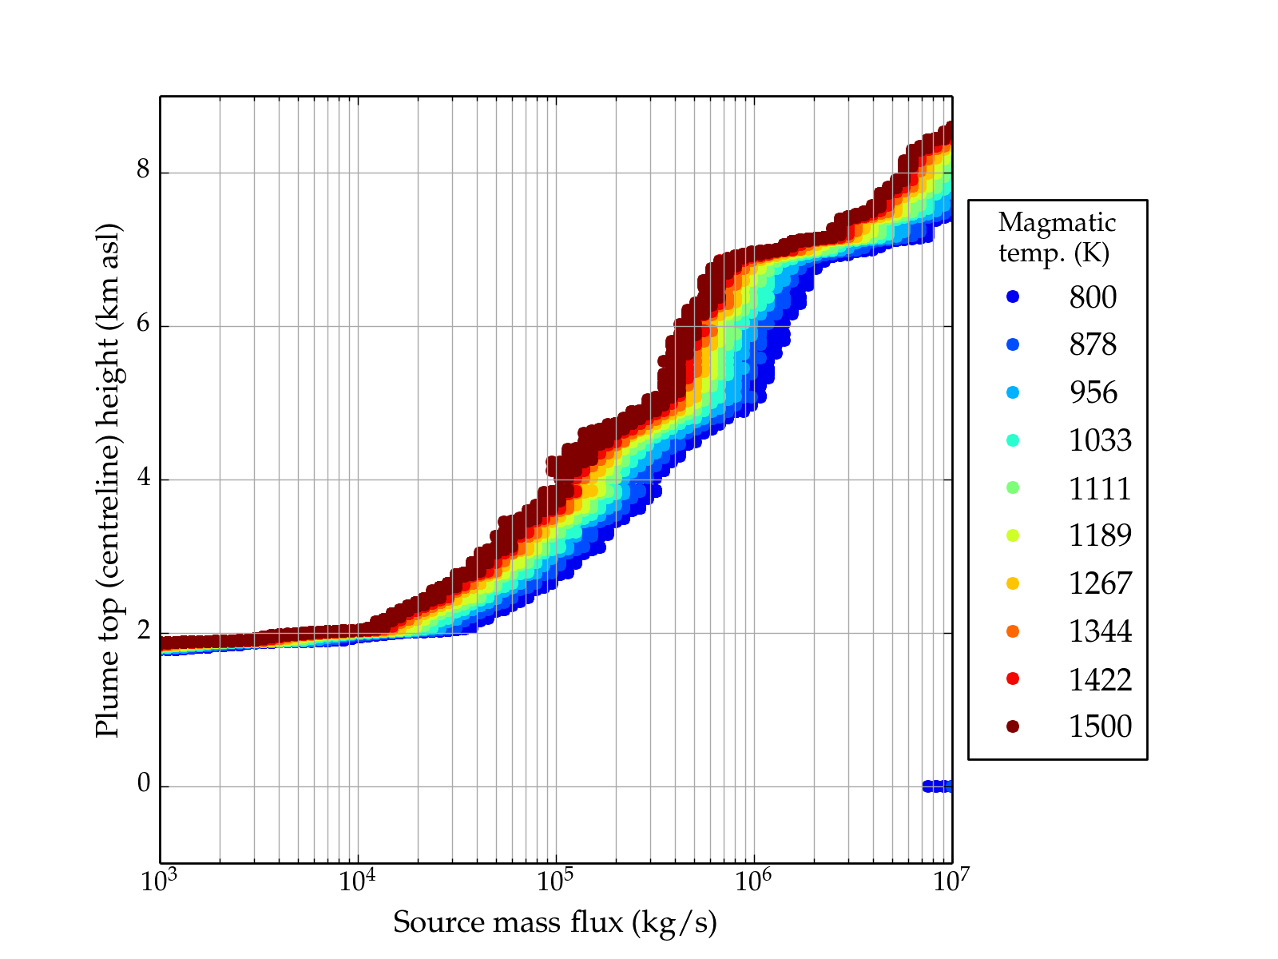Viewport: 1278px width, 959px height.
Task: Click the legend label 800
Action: [1093, 297]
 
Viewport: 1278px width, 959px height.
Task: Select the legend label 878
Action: [1093, 344]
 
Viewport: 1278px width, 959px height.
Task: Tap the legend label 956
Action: [1093, 392]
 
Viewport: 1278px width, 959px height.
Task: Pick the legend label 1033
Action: [1100, 440]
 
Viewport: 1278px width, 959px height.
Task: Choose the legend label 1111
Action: [1100, 488]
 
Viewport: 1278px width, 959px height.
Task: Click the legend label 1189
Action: [1100, 535]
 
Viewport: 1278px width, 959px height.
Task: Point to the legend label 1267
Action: [1100, 583]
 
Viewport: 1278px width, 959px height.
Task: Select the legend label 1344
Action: [1100, 631]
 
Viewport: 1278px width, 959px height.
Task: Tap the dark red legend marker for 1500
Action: [1013, 726]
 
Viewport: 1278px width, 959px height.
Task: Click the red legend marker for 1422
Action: [1013, 678]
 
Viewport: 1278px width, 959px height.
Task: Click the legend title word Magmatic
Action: [1057, 223]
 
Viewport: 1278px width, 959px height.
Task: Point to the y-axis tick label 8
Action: [144, 171]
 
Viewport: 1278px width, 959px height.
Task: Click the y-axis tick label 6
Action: [144, 325]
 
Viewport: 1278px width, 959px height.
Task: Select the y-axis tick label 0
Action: [144, 784]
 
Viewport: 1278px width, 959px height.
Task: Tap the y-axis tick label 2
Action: [144, 631]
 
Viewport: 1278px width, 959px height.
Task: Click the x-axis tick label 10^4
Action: [357, 881]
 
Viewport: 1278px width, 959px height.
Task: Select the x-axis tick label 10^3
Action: [160, 881]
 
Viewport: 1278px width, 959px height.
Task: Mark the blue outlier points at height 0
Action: [937, 786]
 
